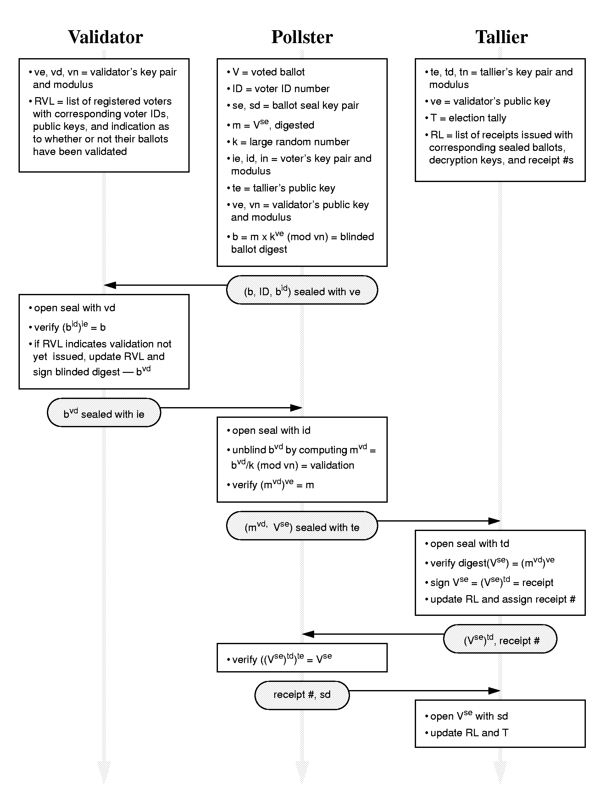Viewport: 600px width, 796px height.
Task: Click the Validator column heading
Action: (x=105, y=37)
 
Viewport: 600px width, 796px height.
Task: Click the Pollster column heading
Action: (x=302, y=37)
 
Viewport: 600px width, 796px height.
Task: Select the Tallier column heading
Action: (x=501, y=37)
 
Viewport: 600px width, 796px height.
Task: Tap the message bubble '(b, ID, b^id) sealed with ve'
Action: (x=302, y=290)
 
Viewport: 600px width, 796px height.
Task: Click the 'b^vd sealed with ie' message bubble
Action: (x=104, y=412)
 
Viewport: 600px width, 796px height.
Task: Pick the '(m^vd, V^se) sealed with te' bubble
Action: (x=302, y=526)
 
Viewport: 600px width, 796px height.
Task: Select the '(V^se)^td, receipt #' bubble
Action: (x=500, y=639)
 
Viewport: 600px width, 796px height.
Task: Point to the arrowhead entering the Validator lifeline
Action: (x=110, y=285)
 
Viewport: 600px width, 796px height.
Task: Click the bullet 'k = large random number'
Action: (x=288, y=142)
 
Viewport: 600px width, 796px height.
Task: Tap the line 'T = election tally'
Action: (x=466, y=118)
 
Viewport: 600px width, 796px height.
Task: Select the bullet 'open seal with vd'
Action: (x=72, y=308)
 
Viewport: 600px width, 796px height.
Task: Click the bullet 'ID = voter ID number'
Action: (x=278, y=89)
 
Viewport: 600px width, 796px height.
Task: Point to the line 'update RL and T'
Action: (x=466, y=733)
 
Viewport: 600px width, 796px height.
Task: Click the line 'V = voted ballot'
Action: (x=266, y=72)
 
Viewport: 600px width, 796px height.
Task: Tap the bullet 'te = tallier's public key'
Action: (x=281, y=188)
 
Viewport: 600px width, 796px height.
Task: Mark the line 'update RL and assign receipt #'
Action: (x=500, y=600)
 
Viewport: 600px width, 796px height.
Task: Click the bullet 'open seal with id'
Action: (x=269, y=431)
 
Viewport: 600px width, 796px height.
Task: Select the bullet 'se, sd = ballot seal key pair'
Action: (x=293, y=105)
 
